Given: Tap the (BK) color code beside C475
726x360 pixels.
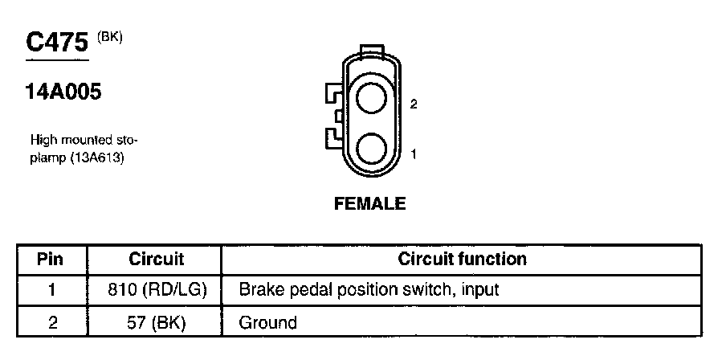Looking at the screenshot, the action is click(x=110, y=36).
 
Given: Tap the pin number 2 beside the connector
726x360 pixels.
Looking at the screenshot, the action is click(x=413, y=104).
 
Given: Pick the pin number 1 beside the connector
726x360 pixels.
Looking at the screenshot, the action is click(x=413, y=153).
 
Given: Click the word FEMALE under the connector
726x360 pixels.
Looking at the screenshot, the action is click(x=369, y=204).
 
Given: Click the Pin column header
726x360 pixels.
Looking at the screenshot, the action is click(x=50, y=259).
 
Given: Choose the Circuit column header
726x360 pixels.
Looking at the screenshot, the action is click(x=156, y=259).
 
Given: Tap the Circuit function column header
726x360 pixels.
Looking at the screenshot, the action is click(x=462, y=259).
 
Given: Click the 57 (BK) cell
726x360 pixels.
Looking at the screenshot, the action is click(x=156, y=322).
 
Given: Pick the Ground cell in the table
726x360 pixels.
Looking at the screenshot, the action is click(x=268, y=322).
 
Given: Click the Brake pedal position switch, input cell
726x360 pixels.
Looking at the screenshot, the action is click(x=369, y=289).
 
